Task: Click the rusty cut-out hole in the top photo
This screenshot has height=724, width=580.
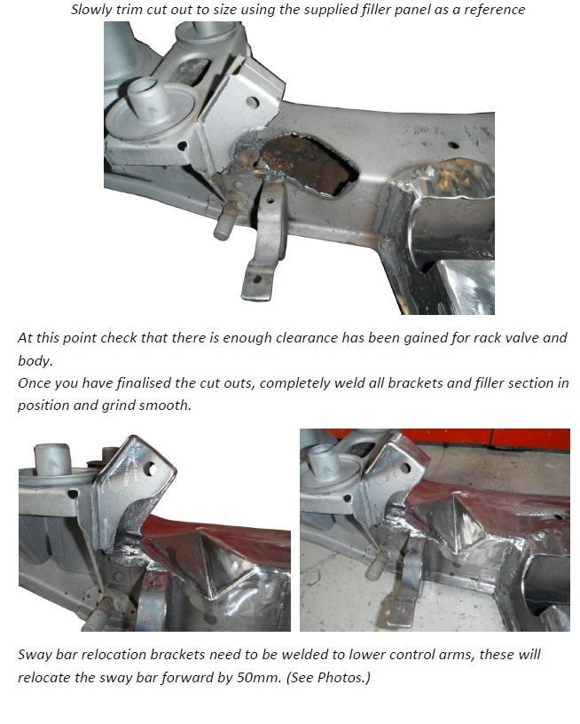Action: pos(309,163)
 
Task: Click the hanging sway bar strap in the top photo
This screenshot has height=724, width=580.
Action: pos(264,245)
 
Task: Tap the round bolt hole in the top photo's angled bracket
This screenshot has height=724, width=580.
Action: pos(252,102)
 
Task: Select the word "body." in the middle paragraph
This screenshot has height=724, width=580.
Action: pos(35,360)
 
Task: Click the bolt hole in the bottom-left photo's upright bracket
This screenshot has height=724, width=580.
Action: pos(150,470)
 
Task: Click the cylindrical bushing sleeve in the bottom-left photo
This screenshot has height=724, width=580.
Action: pos(52,459)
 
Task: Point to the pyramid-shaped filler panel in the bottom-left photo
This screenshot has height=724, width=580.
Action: pos(210,556)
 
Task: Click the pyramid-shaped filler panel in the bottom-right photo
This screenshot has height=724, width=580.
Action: pos(454,523)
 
